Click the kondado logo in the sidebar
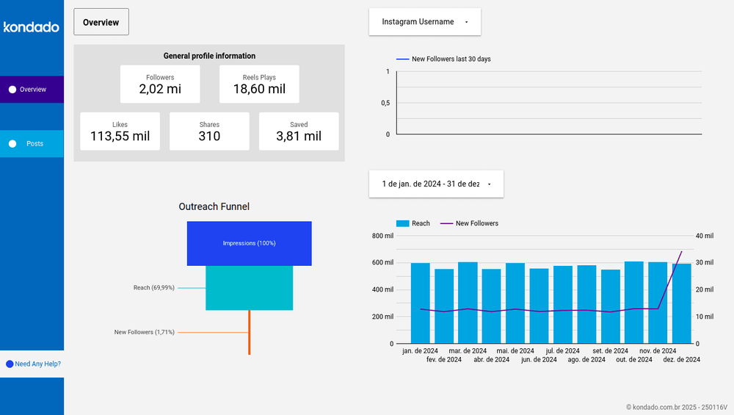(32, 27)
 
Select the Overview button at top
(101, 22)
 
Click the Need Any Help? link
(37, 364)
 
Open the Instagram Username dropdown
(425, 22)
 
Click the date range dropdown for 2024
(436, 184)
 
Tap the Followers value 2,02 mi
(160, 90)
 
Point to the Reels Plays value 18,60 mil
(259, 90)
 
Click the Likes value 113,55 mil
(120, 136)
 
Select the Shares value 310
(209, 136)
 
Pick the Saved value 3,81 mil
(299, 136)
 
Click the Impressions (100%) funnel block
(250, 243)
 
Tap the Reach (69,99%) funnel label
(154, 288)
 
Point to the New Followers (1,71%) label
(145, 332)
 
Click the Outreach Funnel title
(214, 207)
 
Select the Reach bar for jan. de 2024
(420, 303)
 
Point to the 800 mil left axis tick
(382, 236)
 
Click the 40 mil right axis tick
(704, 236)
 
